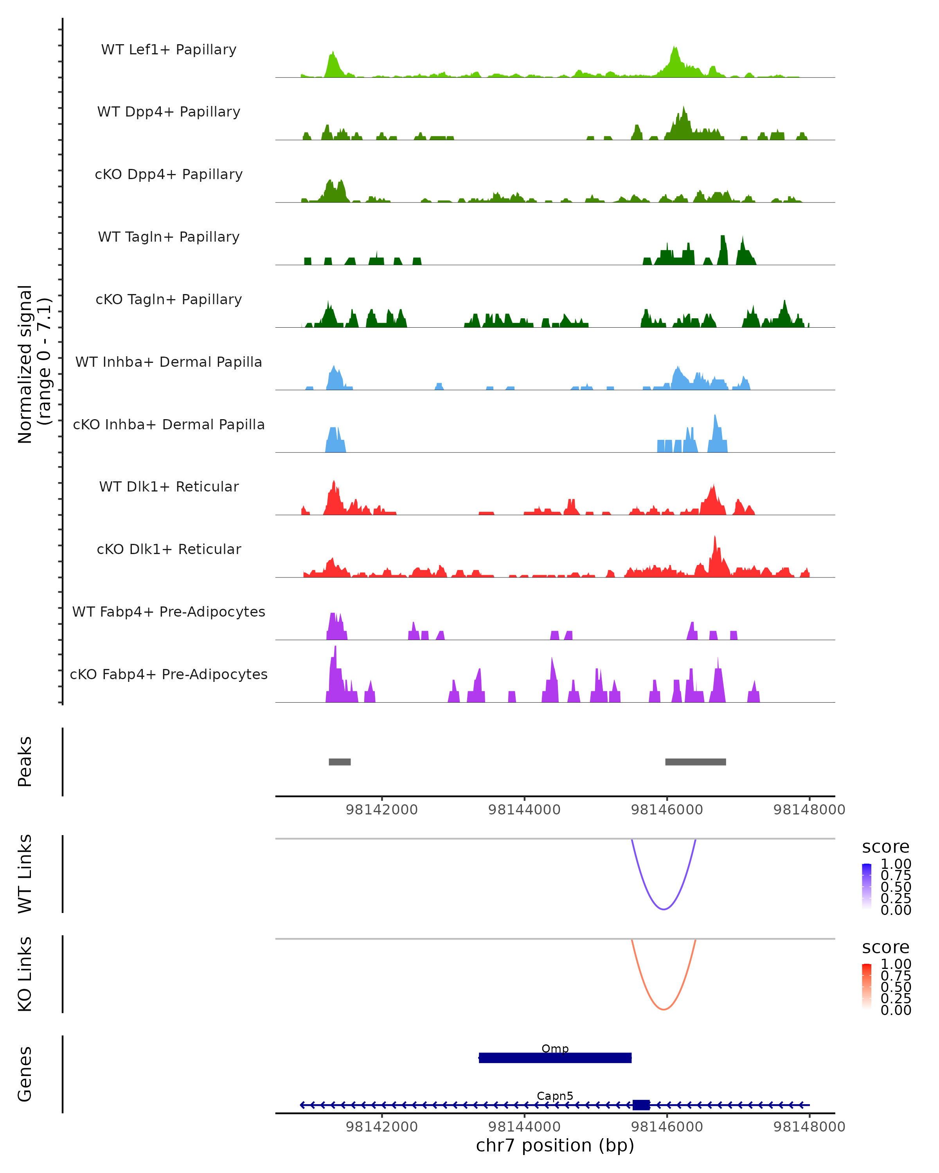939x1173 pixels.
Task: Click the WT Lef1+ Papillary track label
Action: (x=169, y=50)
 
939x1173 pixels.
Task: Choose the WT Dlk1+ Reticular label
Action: (x=169, y=486)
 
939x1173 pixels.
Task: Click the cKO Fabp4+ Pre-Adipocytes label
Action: (x=169, y=674)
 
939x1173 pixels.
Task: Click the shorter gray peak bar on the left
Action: (x=340, y=762)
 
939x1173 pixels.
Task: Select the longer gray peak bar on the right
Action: (x=695, y=762)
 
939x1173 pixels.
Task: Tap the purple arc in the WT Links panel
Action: (x=664, y=909)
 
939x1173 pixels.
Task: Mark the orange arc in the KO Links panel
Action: (x=664, y=1009)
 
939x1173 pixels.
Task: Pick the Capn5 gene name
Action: (x=555, y=1096)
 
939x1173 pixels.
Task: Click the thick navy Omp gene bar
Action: (x=555, y=1058)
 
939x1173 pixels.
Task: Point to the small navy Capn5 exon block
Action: (x=641, y=1105)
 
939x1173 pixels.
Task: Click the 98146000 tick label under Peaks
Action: (x=667, y=810)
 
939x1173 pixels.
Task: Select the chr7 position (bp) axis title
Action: (x=555, y=1146)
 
